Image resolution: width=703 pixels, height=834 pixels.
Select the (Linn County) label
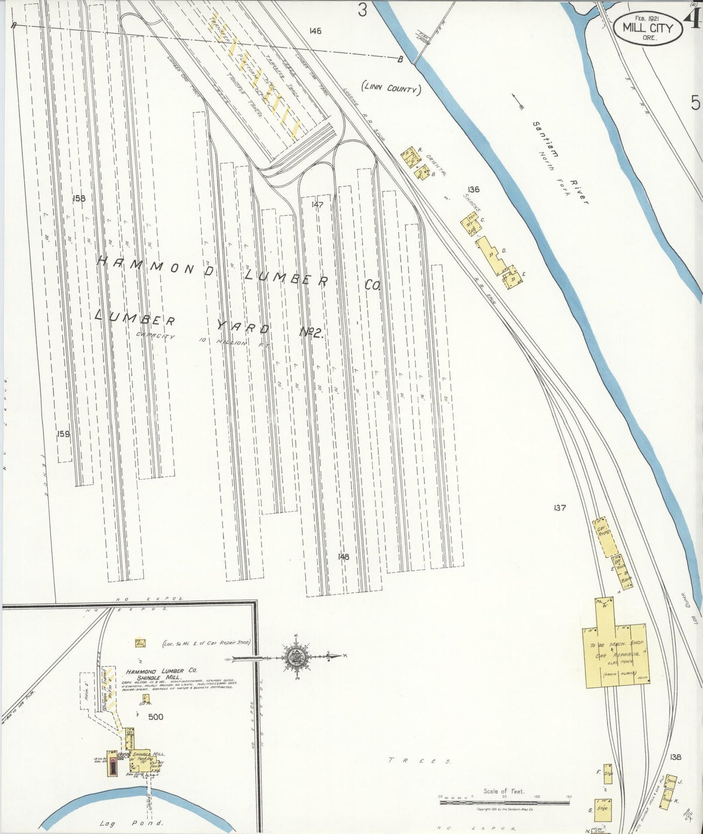391,89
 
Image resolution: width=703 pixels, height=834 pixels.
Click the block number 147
317,205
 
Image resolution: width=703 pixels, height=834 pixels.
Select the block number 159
63,434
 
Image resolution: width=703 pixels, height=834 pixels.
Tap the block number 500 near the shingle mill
156,717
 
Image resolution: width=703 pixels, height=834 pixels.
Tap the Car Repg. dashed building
603,536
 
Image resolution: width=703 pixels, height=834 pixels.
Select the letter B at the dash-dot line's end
400,60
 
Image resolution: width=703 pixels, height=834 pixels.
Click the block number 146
315,31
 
